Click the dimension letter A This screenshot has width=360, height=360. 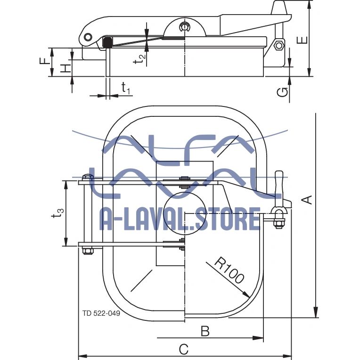307,199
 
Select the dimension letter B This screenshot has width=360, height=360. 205,331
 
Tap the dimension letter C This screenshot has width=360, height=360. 184,349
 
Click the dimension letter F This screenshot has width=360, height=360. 43,61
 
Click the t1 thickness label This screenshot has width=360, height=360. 125,88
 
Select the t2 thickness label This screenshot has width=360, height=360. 139,58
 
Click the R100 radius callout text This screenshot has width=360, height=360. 229,270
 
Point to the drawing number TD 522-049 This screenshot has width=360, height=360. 101,313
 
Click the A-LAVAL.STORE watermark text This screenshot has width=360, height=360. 180,220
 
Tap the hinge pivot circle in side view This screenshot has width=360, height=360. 87,37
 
